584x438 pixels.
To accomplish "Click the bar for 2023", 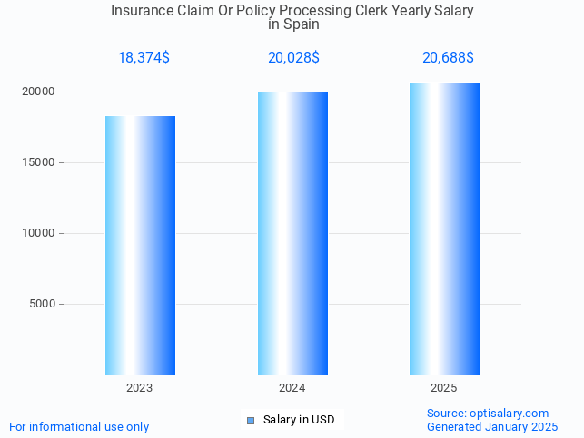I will [x=140, y=245].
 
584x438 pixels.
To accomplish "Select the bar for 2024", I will [x=292, y=233].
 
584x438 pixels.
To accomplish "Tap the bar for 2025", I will [x=444, y=229].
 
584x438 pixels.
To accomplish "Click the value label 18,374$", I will [x=144, y=58].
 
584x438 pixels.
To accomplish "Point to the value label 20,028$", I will [x=293, y=58].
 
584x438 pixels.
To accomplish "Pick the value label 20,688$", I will [x=448, y=58].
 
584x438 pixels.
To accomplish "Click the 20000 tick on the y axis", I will [x=39, y=92].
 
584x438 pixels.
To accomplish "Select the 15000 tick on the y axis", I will [x=39, y=163].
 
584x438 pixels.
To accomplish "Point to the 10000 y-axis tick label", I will [x=39, y=234].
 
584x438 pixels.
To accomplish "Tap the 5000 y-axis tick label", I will [x=42, y=305].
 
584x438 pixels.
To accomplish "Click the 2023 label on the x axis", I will [x=140, y=388].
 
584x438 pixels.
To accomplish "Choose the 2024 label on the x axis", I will [x=292, y=388].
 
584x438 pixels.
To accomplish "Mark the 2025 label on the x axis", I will [x=444, y=388].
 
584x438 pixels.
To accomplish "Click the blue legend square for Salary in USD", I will [x=251, y=420].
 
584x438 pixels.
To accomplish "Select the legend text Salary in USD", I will [x=299, y=420].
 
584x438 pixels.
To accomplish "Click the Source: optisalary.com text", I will [x=488, y=414].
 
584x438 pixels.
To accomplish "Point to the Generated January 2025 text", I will [x=492, y=427].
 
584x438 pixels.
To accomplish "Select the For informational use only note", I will [x=79, y=427].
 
